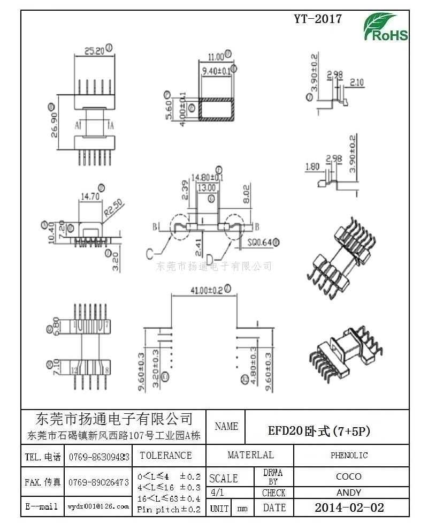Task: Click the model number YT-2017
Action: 317,19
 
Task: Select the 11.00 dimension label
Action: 216,56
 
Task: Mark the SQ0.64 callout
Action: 261,243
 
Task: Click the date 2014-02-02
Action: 349,508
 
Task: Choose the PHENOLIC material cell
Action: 349,456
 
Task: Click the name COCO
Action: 349,476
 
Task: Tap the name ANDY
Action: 349,493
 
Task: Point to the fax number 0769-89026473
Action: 98,482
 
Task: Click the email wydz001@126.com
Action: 98,506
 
